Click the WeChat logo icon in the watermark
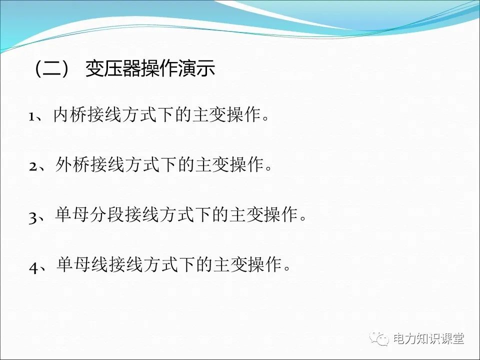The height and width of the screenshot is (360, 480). (381, 339)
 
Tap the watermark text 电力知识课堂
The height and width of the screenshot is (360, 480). (428, 339)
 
